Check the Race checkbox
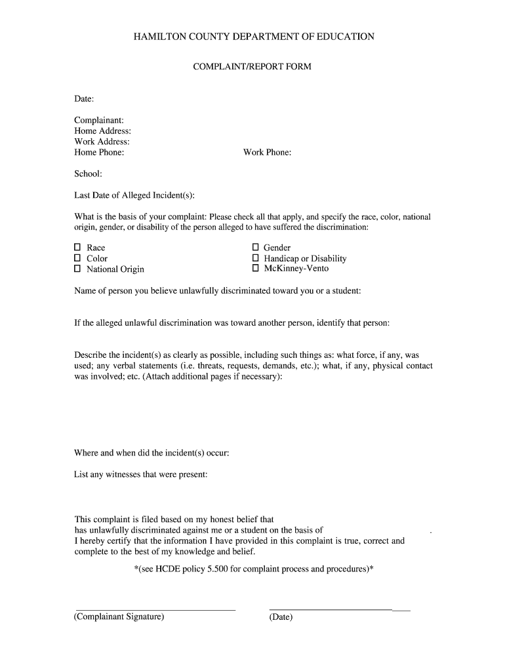77,248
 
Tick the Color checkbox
77,258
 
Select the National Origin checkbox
77,269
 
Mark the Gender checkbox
256,248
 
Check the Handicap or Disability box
256,258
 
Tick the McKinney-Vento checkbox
256,269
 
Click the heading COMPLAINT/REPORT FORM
253,67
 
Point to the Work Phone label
267,153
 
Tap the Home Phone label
99,153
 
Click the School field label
88,174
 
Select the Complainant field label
99,121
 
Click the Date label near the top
84,99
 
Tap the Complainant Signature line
155,609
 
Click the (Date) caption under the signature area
281,617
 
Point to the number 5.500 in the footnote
217,569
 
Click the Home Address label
102,131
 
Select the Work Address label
102,142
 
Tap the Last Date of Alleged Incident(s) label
134,195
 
